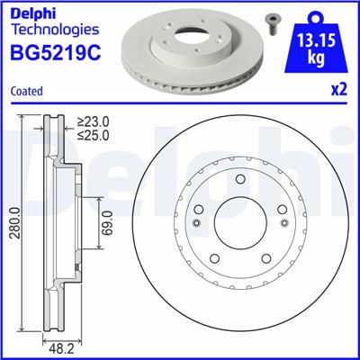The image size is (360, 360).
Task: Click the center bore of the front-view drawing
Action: pyautogui.click(x=239, y=223)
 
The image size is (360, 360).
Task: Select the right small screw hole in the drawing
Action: pyautogui.click(x=281, y=223)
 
